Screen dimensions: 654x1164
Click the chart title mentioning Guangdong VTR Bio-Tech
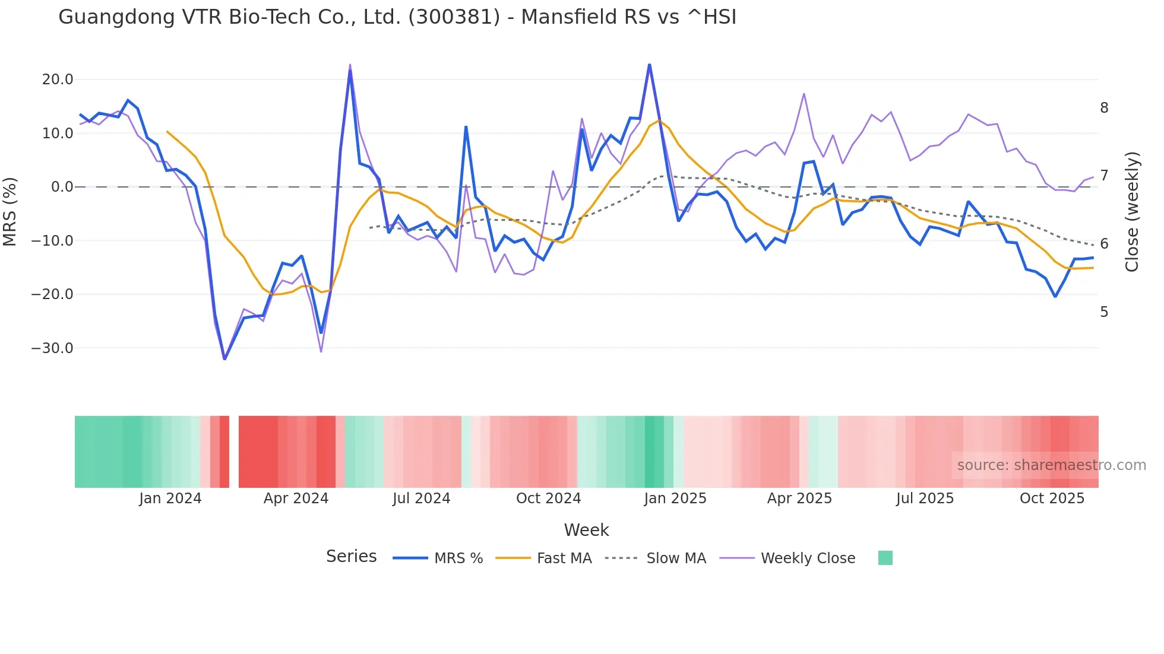[x=397, y=17]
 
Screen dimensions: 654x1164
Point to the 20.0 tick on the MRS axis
[x=58, y=80]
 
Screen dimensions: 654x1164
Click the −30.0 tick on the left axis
[x=53, y=348]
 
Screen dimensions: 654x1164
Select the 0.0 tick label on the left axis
[x=62, y=187]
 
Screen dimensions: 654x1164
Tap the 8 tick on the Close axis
[x=1104, y=108]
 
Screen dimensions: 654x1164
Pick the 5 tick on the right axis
[x=1104, y=312]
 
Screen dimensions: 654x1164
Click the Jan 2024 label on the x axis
[x=170, y=499]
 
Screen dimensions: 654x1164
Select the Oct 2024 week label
[x=548, y=499]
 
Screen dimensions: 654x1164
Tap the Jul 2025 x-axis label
[x=925, y=499]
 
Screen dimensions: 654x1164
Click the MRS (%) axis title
[x=10, y=212]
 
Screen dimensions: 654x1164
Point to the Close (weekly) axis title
[x=1132, y=212]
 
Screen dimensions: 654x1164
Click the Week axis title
[x=586, y=530]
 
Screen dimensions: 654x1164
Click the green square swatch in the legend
[x=885, y=558]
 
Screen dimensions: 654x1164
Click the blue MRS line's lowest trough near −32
[x=224, y=358]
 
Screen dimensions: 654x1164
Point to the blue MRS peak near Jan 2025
[x=650, y=65]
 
